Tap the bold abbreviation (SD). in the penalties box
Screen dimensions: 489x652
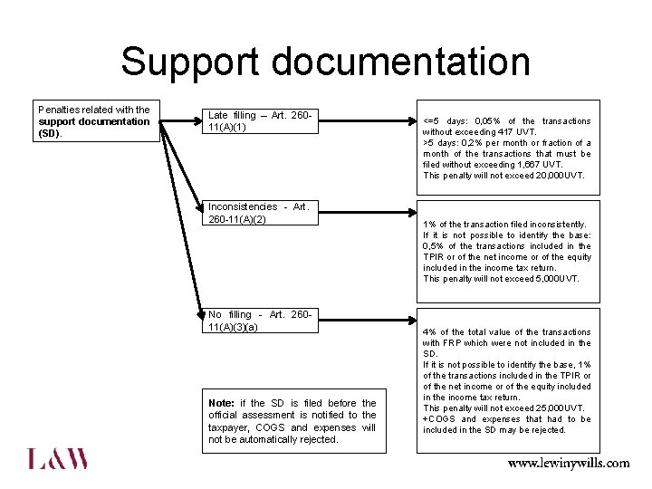(50, 133)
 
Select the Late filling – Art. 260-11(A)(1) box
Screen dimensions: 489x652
(261, 121)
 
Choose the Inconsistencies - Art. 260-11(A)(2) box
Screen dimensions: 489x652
(261, 213)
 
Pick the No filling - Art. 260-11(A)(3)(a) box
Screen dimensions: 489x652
(261, 321)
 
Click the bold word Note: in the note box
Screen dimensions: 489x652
(221, 403)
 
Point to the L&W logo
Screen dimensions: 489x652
(58, 458)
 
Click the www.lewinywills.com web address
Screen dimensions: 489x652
(568, 463)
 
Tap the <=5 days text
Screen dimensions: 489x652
(444, 121)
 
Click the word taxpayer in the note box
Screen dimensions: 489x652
(230, 427)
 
